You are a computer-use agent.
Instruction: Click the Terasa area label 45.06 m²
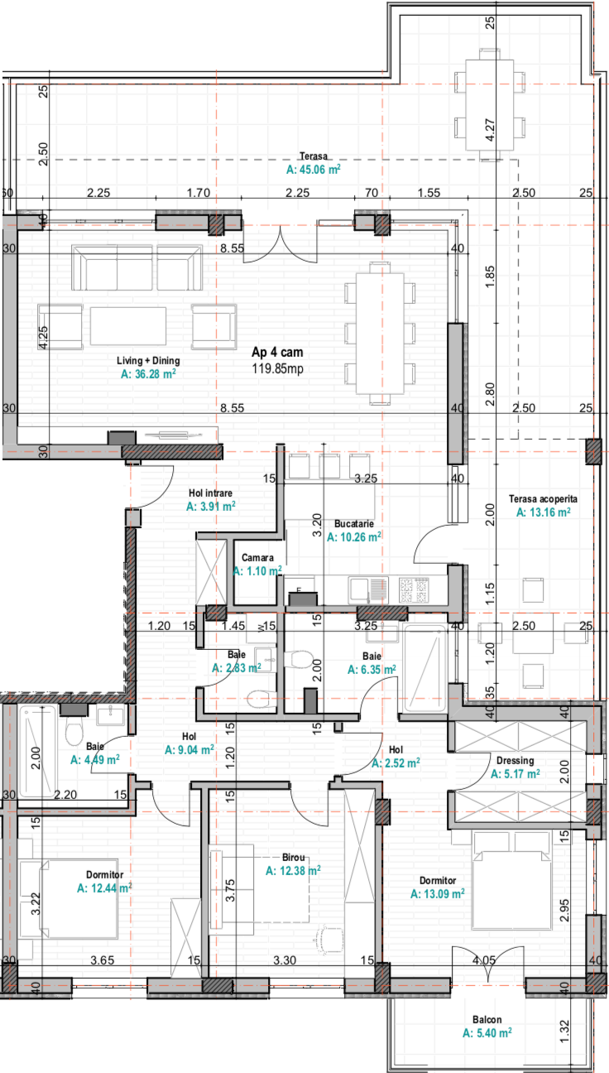coord(313,169)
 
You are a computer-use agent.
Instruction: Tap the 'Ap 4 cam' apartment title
coord(277,352)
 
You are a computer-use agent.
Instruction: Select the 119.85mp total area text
coord(278,368)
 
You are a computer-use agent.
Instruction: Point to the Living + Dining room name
coord(148,360)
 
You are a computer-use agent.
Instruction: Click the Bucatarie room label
coord(354,523)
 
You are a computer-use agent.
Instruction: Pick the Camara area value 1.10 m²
coord(257,571)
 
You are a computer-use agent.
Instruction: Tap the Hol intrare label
coord(210,493)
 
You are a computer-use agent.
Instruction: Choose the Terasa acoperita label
coord(543,498)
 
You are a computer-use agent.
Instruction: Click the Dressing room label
coord(515,760)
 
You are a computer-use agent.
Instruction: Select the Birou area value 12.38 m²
coord(293,870)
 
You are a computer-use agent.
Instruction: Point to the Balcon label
coord(487,1020)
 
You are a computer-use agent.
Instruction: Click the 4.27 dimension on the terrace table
coord(490,130)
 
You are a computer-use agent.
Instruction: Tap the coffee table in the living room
coord(128,325)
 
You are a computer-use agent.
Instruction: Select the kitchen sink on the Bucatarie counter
coord(368,589)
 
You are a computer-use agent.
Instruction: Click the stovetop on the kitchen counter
coord(414,589)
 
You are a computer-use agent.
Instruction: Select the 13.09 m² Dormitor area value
coord(437,893)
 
